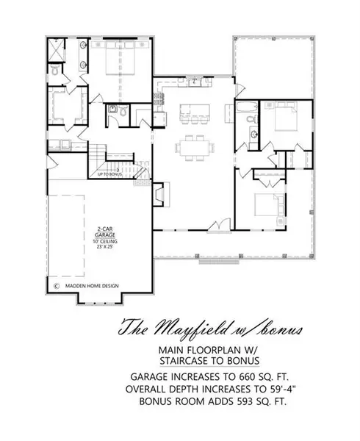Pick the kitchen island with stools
tap(196, 111)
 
